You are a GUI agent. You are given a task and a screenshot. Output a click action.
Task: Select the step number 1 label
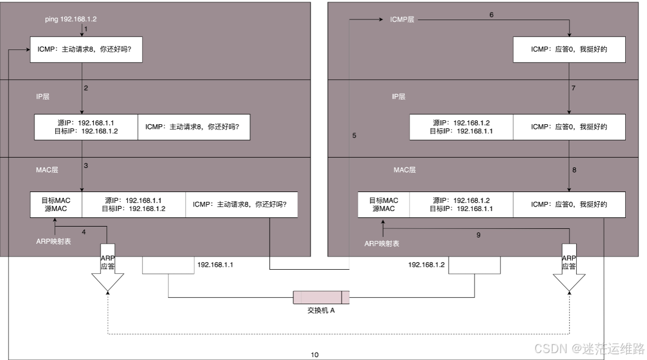click(86, 28)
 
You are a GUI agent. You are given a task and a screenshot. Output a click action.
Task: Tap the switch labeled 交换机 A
click(321, 297)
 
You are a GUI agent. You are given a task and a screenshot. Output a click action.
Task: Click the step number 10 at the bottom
click(315, 355)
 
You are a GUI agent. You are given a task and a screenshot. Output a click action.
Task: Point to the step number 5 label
click(354, 136)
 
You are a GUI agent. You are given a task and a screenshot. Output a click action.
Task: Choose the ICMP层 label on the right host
click(402, 20)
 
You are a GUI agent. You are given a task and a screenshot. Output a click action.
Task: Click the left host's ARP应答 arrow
click(108, 267)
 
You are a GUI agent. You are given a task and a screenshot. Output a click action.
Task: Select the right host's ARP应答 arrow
click(569, 267)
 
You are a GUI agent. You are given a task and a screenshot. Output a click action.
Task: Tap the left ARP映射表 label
click(53, 242)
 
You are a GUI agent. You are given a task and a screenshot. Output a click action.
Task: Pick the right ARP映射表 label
click(382, 244)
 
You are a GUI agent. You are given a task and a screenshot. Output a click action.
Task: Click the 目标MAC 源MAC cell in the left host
click(56, 205)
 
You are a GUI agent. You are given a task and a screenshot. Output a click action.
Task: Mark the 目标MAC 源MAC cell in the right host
click(384, 205)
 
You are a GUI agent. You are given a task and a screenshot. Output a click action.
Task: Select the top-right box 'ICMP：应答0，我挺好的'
click(569, 50)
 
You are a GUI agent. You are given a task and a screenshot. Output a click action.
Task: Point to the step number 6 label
click(491, 14)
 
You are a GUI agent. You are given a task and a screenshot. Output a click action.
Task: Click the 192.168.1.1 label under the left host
click(215, 265)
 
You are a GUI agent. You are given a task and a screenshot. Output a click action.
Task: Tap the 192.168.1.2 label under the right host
click(426, 265)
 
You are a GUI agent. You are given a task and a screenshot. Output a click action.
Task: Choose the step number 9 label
click(478, 235)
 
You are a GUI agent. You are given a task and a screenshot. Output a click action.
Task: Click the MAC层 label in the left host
click(47, 170)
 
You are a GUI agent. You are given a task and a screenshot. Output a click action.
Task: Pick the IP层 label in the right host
click(399, 97)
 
